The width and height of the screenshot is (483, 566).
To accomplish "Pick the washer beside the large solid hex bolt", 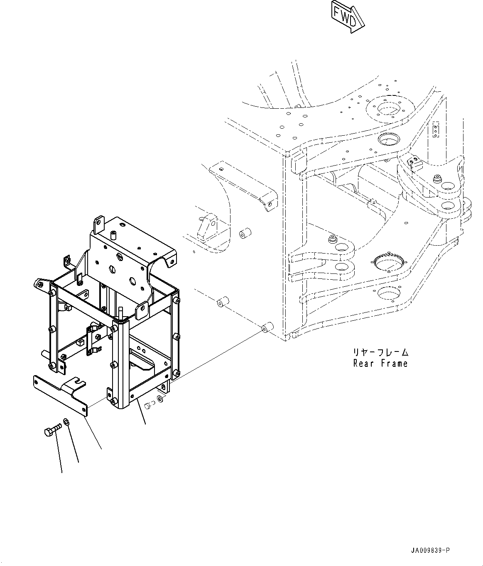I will pyautogui.click(x=67, y=422).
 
